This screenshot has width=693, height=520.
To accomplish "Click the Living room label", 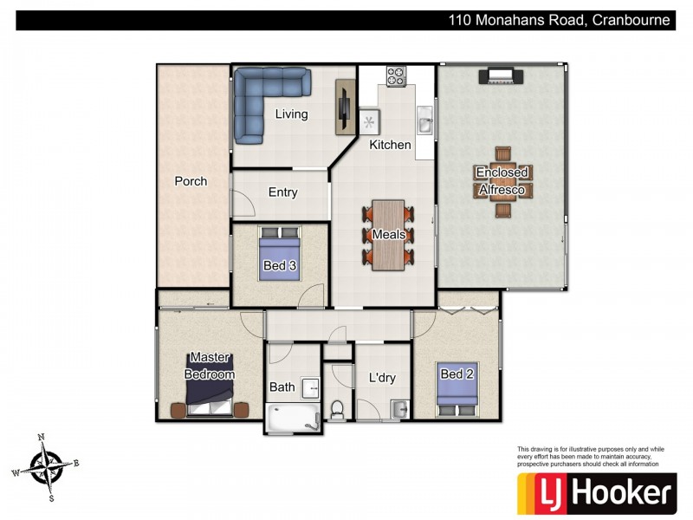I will [x=291, y=114].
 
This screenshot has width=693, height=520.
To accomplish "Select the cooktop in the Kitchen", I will [x=397, y=76].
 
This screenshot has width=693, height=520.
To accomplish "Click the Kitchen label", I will [x=390, y=145].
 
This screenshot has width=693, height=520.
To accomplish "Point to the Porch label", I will [x=191, y=181].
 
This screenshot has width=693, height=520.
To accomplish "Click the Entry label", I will [x=282, y=192].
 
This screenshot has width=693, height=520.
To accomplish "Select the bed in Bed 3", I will [x=281, y=252].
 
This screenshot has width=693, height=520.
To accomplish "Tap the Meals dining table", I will [x=389, y=235].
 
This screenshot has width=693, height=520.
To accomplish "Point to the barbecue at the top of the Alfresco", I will [x=502, y=76].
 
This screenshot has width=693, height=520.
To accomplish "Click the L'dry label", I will [x=381, y=379].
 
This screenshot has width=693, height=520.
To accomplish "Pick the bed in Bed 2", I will [x=457, y=388].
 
